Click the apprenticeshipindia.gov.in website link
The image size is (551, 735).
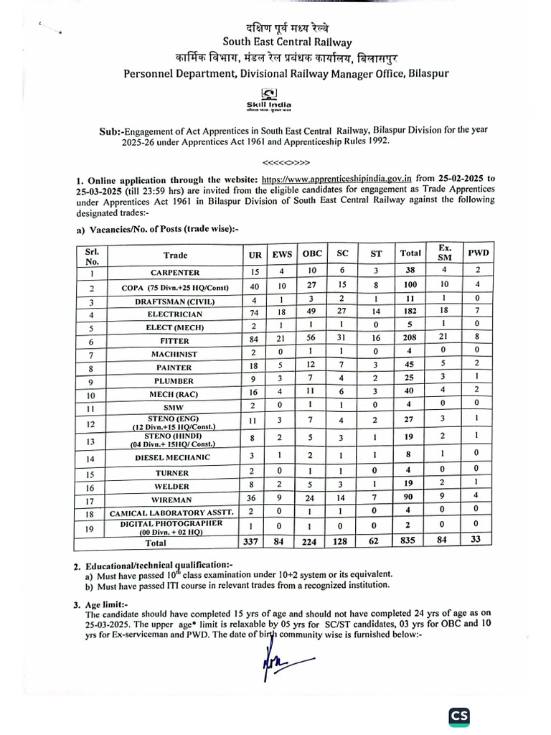336,179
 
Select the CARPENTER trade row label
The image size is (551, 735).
175,273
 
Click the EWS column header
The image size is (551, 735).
282,254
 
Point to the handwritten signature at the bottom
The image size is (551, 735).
283,659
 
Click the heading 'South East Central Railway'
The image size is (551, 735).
275,42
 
